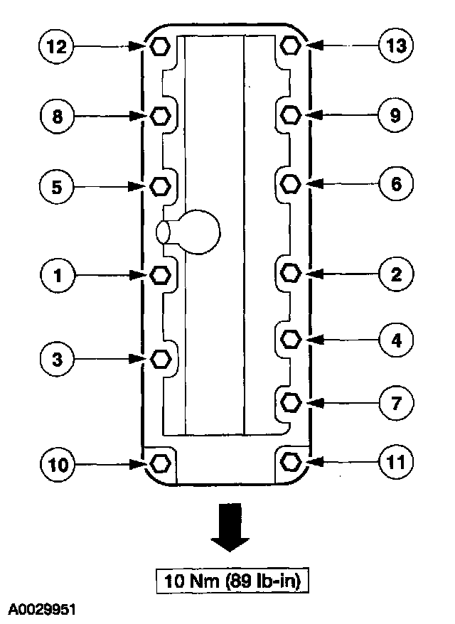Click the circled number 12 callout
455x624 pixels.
pyautogui.click(x=56, y=47)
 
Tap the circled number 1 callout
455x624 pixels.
pyautogui.click(x=56, y=274)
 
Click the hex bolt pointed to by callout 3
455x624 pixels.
pyautogui.click(x=161, y=360)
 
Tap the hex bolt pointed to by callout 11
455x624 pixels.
pyautogui.click(x=289, y=462)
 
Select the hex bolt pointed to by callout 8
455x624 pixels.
pyautogui.click(x=161, y=115)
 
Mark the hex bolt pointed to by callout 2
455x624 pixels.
pyautogui.click(x=289, y=272)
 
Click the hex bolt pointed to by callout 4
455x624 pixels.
pyautogui.click(x=289, y=339)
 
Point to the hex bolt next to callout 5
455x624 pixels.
pyautogui.click(x=161, y=185)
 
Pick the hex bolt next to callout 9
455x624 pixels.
pyautogui.click(x=289, y=114)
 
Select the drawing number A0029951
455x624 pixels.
pyautogui.click(x=42, y=610)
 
